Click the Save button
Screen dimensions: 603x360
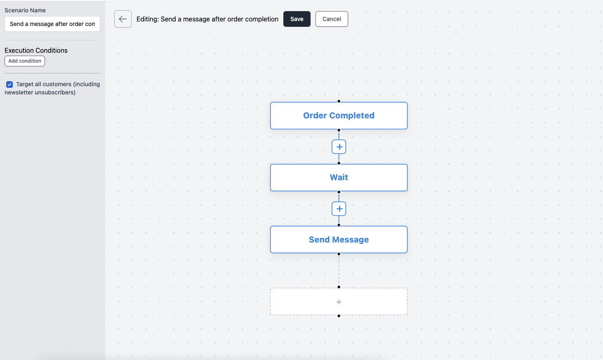[x=297, y=19]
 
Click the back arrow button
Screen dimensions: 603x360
[x=123, y=19]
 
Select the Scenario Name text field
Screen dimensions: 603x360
[x=52, y=24]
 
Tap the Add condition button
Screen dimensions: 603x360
[x=25, y=61]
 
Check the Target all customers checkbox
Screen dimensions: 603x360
[x=9, y=85]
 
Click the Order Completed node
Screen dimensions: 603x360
[x=339, y=115]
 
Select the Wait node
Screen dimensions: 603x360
[x=339, y=177]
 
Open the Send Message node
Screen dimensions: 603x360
[x=339, y=240]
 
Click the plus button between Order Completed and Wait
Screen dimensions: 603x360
[x=339, y=147]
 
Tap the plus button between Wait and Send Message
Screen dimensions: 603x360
[x=339, y=209]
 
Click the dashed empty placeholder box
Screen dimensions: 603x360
[x=339, y=301]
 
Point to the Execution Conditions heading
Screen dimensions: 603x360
[x=36, y=50]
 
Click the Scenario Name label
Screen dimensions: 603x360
[x=25, y=10]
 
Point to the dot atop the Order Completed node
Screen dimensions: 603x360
[x=339, y=101]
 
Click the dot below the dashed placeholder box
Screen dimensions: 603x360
[x=339, y=316]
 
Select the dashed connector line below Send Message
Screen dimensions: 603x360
[x=339, y=271]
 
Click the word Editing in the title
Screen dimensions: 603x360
[x=147, y=19]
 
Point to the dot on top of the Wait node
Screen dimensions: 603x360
[x=339, y=163]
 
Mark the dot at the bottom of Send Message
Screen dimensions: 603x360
[x=339, y=254]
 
